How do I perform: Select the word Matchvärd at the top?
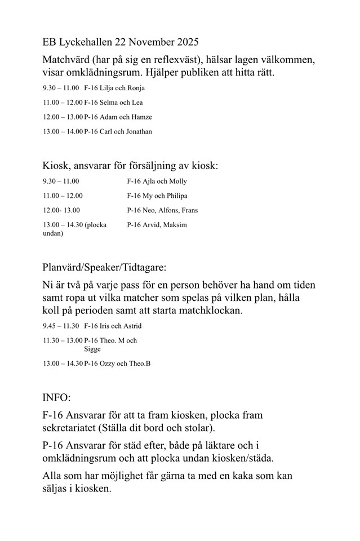(x=66, y=60)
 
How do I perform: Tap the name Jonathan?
(x=137, y=132)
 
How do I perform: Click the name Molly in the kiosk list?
(x=178, y=181)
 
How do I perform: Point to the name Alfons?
(x=167, y=211)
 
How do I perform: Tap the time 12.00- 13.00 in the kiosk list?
(x=61, y=211)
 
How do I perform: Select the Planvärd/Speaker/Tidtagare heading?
(x=104, y=266)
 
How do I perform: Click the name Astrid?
(x=132, y=326)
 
